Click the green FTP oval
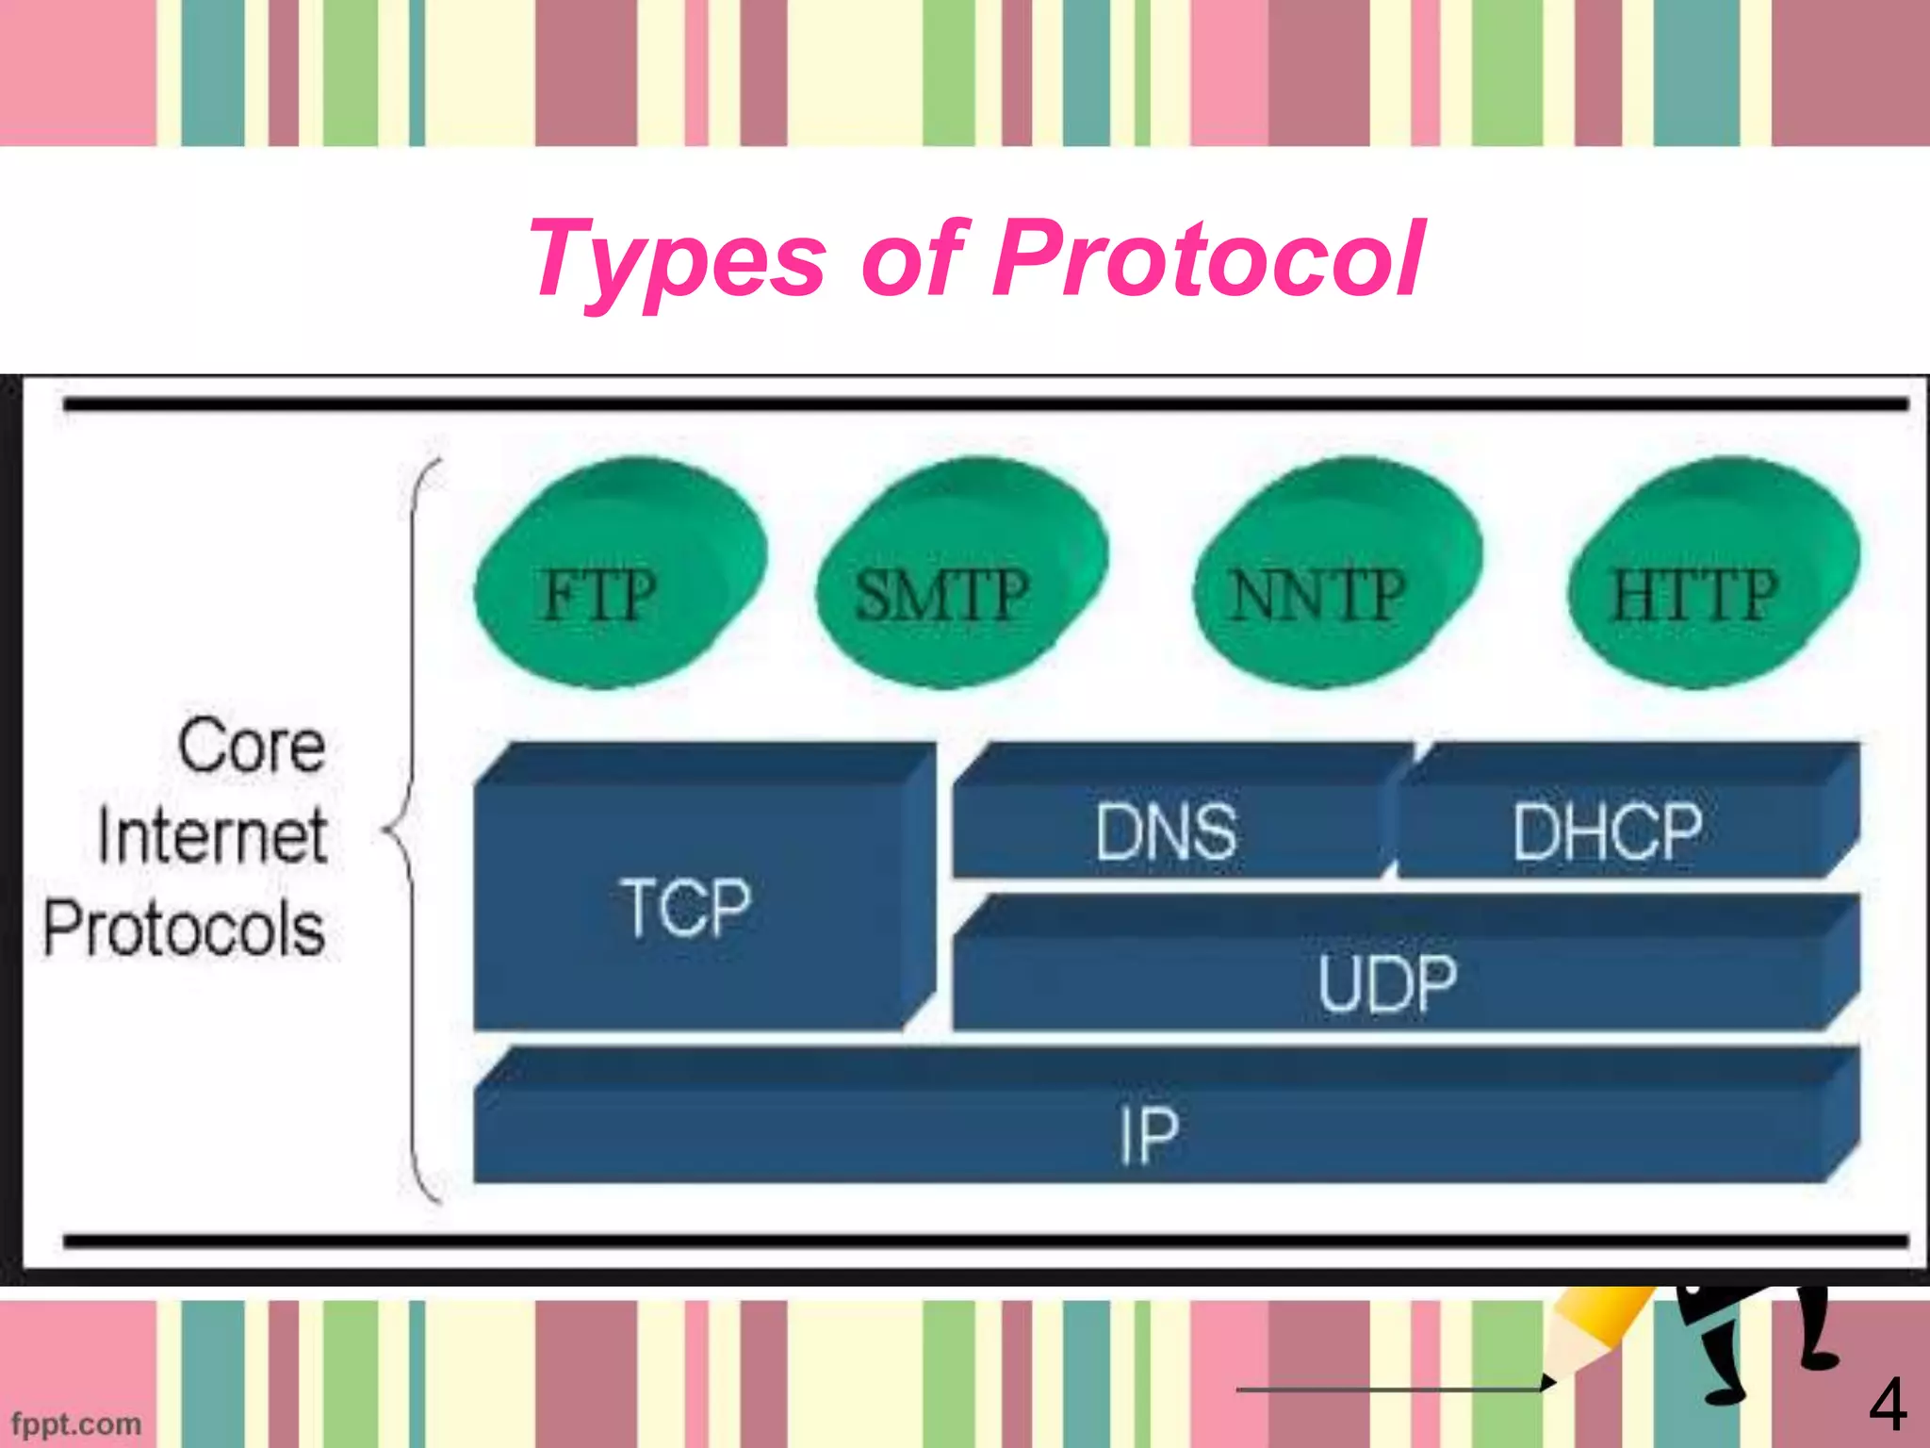[619, 573]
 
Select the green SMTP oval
[961, 573]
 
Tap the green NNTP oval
[1336, 573]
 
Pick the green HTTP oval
[1712, 573]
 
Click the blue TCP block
[688, 905]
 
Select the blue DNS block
[1167, 830]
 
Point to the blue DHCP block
[1608, 830]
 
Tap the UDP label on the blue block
[1387, 982]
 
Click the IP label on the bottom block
[1149, 1133]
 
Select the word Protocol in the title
[1209, 257]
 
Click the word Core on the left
[253, 745]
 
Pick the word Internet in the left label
[213, 835]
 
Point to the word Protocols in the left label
[185, 928]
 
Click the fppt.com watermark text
[76, 1423]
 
